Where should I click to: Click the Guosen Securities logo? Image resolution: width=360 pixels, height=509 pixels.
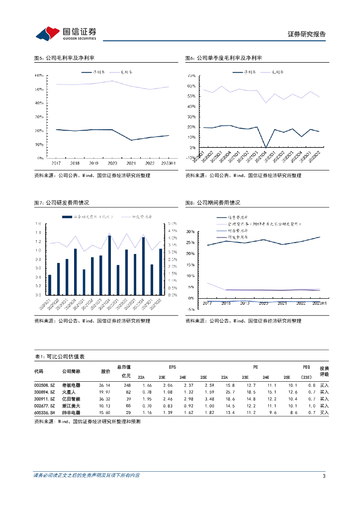coord(66,34)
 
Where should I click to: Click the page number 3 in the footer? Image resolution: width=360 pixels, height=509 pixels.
coord(324,476)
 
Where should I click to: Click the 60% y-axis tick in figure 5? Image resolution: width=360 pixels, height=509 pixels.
coord(39,76)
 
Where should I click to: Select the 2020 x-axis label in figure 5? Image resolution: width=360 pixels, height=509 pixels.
coord(113,163)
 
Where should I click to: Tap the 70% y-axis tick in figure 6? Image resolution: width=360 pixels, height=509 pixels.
coord(191,76)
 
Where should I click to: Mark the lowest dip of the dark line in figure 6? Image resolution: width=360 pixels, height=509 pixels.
coord(266,147)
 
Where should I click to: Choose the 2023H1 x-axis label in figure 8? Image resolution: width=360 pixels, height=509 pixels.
coord(318,303)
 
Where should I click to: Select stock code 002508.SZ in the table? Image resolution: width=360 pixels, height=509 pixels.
coord(43,385)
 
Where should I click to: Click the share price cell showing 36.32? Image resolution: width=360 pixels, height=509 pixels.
coord(104,399)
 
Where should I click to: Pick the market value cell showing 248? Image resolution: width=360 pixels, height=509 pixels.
coord(127,385)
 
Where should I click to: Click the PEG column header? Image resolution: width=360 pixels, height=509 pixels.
coord(306,367)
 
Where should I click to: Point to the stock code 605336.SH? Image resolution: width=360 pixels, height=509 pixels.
coord(43,413)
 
